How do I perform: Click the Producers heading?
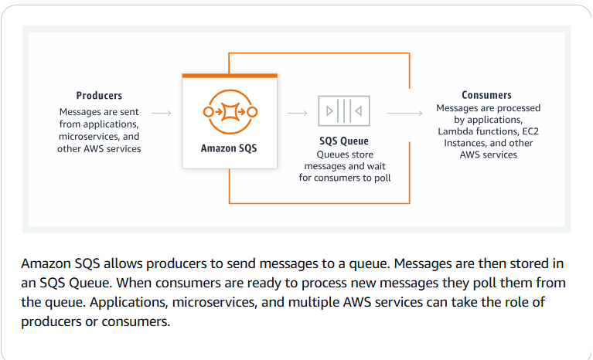pyautogui.click(x=99, y=96)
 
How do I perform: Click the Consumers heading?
pyautogui.click(x=486, y=95)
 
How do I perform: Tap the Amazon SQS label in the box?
pyautogui.click(x=229, y=148)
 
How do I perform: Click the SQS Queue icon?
pyautogui.click(x=344, y=111)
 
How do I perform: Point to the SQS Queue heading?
pyautogui.click(x=344, y=141)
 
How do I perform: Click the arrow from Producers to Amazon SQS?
pyautogui.click(x=162, y=113)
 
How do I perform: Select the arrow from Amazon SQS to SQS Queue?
pyautogui.click(x=298, y=113)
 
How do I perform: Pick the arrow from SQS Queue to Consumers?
pyautogui.click(x=404, y=113)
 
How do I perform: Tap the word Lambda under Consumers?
pyautogui.click(x=455, y=132)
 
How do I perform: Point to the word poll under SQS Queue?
pyautogui.click(x=380, y=178)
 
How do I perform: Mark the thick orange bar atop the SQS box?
pyautogui.click(x=229, y=76)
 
